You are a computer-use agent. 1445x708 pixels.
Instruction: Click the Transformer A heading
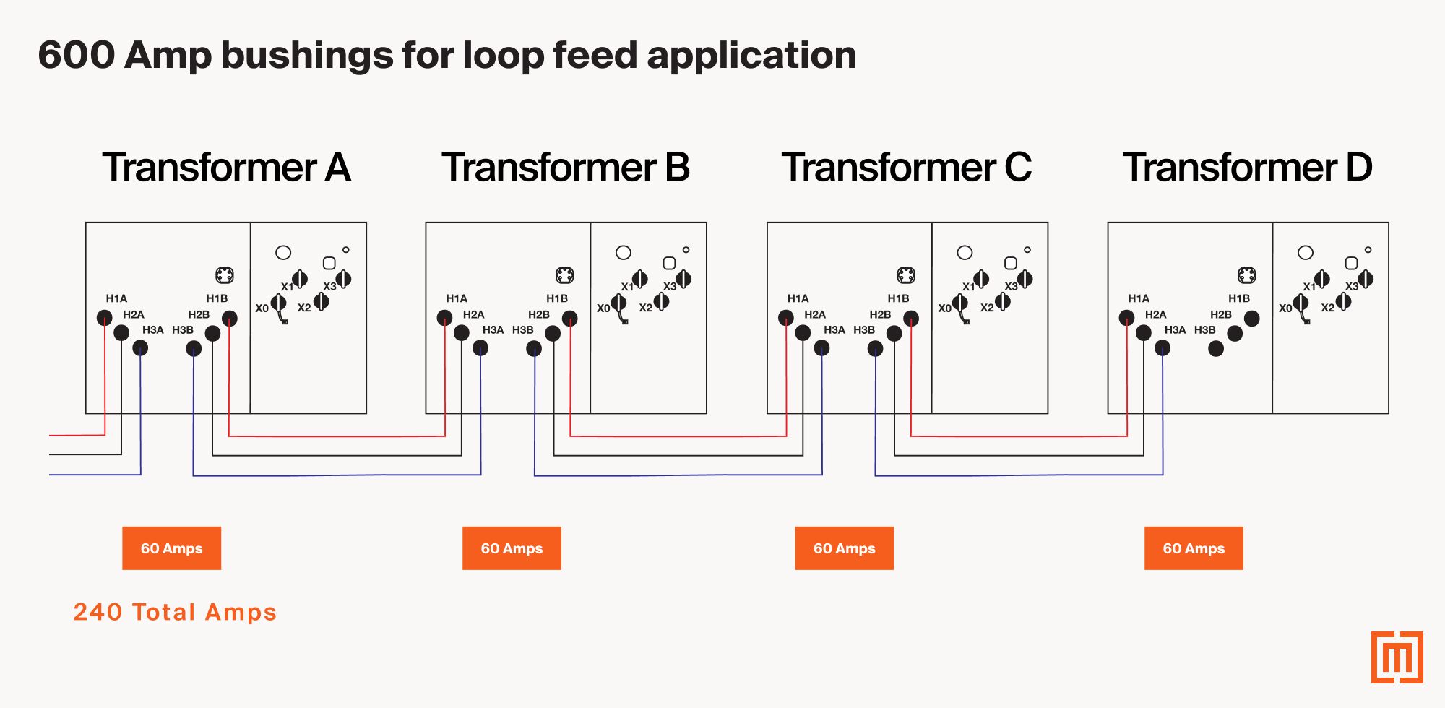point(226,168)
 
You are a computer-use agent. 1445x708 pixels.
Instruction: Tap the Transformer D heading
point(1247,168)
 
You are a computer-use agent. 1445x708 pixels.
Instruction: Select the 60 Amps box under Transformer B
point(512,548)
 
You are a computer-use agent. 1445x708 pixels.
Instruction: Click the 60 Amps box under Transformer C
point(844,548)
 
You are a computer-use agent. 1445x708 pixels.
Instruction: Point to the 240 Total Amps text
point(175,612)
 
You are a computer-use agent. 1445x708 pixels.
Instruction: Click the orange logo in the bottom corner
point(1397,657)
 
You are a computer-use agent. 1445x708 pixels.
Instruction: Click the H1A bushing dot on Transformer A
point(105,317)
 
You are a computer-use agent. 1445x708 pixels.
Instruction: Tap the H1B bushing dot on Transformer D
point(1252,318)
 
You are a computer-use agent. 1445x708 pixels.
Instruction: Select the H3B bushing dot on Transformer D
point(1216,349)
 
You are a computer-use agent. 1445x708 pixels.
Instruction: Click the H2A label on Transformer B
point(473,314)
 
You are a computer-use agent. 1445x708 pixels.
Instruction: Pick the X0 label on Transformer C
point(944,308)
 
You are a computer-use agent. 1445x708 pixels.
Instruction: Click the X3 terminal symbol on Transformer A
point(343,278)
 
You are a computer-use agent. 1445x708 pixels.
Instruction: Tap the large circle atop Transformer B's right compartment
point(624,252)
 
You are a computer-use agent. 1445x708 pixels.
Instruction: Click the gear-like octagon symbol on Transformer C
point(906,275)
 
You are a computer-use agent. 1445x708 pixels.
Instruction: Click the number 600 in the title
point(76,55)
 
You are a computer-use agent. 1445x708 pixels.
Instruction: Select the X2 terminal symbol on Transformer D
point(1343,301)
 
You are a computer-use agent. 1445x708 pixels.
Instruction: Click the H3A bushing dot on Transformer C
point(822,348)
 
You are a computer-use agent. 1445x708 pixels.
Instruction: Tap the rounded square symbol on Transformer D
point(1351,263)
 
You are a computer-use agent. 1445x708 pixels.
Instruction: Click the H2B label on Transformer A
point(199,314)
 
